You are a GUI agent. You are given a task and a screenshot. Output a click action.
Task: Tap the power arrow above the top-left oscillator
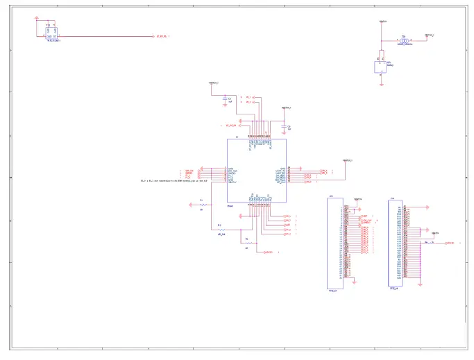[x=37, y=20]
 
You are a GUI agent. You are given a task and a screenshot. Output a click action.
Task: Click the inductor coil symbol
[x=403, y=41]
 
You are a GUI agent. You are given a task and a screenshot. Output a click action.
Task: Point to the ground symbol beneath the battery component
[x=381, y=84]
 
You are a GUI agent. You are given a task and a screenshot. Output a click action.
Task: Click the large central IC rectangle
[x=256, y=171]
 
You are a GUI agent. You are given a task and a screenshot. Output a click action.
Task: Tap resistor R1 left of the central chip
[x=203, y=205]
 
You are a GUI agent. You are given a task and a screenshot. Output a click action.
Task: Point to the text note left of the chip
[x=174, y=181]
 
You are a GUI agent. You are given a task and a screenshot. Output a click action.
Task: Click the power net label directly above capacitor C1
[x=214, y=84]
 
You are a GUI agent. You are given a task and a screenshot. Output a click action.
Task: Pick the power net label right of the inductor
[x=429, y=35]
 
